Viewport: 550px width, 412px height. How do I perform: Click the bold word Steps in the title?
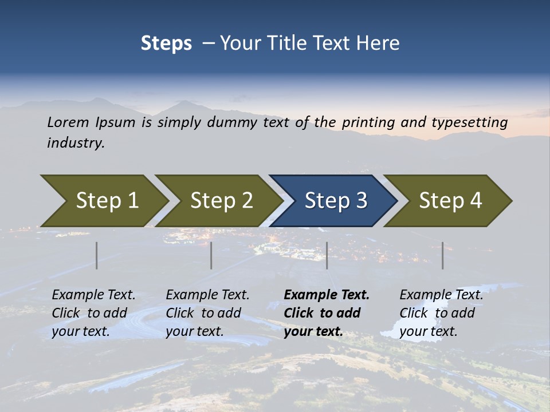pyautogui.click(x=166, y=43)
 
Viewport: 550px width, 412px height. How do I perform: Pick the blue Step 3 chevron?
pyautogui.click(x=336, y=201)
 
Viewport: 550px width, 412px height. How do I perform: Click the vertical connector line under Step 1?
pyautogui.click(x=97, y=255)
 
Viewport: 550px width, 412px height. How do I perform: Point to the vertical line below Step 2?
pyautogui.click(x=211, y=255)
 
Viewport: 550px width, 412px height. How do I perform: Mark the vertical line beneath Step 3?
pyautogui.click(x=327, y=255)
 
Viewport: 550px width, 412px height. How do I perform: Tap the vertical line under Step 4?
pyautogui.click(x=442, y=255)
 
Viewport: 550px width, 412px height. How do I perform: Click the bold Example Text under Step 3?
pyautogui.click(x=327, y=295)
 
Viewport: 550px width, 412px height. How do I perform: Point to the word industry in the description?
pyautogui.click(x=76, y=143)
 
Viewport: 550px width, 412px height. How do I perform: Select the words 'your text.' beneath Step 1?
pyautogui.click(x=80, y=331)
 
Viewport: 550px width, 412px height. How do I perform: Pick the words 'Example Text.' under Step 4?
pyautogui.click(x=441, y=295)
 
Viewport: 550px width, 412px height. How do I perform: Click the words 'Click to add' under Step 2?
pyautogui.click(x=203, y=313)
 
